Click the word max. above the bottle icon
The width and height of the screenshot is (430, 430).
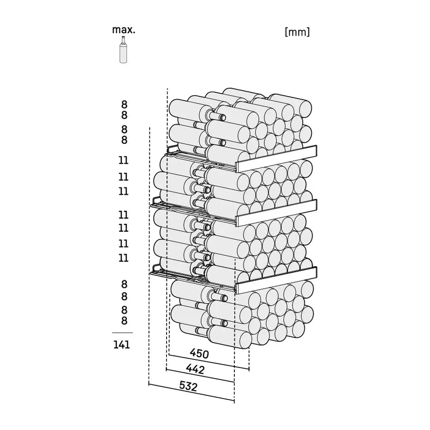point(124,30)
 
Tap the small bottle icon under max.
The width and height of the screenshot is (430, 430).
point(123,49)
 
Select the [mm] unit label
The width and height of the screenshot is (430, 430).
point(297,32)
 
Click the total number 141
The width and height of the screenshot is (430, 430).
point(122,345)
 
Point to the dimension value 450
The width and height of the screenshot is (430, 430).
point(199,353)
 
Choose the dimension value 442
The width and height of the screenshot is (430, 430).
point(195,369)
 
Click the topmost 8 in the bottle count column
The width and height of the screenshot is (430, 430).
point(124,104)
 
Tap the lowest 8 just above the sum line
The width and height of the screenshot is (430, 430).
point(124,320)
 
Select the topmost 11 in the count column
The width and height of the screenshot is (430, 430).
point(123,160)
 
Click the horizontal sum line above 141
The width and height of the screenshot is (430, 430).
point(122,333)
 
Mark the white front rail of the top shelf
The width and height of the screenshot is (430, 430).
point(276,159)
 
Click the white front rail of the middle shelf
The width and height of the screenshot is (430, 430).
point(276,213)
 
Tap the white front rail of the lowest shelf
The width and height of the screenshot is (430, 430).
point(276,280)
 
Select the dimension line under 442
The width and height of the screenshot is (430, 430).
point(200,376)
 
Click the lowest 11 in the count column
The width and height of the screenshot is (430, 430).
point(123,258)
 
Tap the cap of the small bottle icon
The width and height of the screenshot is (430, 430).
point(123,37)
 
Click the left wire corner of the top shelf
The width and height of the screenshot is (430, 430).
point(168,149)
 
